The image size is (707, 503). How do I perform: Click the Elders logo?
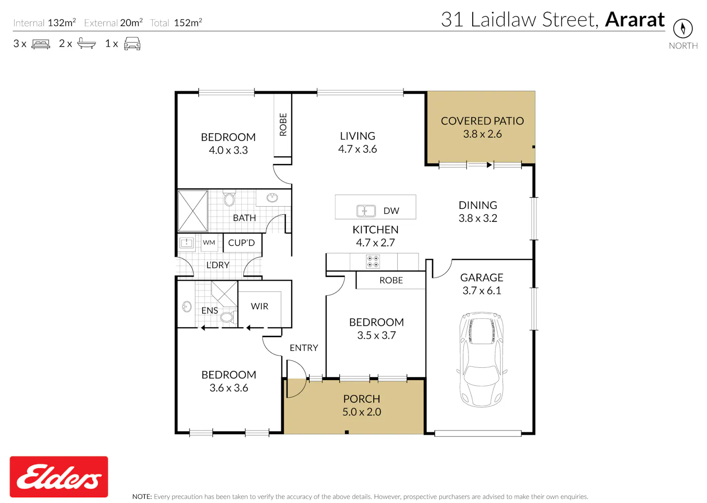click(x=59, y=477)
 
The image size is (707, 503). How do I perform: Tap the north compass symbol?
click(x=682, y=28)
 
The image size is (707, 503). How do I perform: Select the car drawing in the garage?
click(x=481, y=359)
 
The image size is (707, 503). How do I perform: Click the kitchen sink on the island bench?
click(x=366, y=211)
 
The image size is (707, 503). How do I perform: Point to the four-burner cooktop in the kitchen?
click(x=373, y=261)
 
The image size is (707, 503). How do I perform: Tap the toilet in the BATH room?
click(x=229, y=198)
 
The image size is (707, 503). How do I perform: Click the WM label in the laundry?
click(x=209, y=243)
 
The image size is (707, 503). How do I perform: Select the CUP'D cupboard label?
click(x=241, y=243)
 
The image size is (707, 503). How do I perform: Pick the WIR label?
click(x=259, y=306)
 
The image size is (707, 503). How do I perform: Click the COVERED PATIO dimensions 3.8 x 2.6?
click(x=482, y=134)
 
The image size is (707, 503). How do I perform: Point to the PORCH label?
click(x=362, y=399)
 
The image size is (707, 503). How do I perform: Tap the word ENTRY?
click(x=304, y=348)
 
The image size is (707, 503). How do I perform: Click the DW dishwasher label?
click(x=391, y=211)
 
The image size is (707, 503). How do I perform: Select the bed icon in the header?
click(x=41, y=44)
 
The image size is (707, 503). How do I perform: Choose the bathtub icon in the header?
click(x=86, y=43)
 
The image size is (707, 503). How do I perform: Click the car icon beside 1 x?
click(x=132, y=43)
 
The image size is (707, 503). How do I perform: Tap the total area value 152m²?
click(x=188, y=23)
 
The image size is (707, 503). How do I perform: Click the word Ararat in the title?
click(x=635, y=20)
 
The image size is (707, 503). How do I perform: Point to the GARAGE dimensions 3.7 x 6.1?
click(x=482, y=291)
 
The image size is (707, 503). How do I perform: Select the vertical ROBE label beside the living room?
click(x=283, y=124)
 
